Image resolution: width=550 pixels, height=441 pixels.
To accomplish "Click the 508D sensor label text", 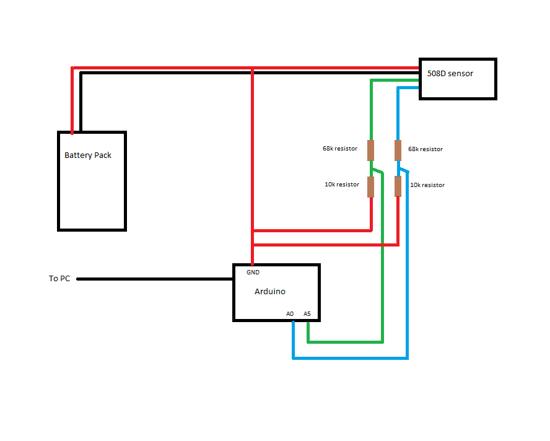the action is [x=450, y=73].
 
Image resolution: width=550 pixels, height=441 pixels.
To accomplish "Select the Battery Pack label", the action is [x=88, y=155].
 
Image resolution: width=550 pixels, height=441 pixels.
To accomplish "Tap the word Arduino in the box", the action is [x=270, y=292].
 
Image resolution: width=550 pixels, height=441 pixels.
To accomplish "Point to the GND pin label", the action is [x=253, y=273].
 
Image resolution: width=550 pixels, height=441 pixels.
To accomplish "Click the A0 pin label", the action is [x=290, y=313].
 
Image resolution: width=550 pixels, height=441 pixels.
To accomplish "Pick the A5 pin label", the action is [x=307, y=313].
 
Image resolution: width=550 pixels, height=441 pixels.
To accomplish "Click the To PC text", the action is [x=59, y=279].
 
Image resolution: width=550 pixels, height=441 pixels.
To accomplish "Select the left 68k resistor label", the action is [x=340, y=149].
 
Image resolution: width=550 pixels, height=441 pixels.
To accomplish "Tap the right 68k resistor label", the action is [x=426, y=149].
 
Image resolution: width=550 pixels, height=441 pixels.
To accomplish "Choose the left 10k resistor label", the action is [x=342, y=185].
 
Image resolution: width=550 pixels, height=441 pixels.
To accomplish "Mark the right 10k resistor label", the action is [x=427, y=185].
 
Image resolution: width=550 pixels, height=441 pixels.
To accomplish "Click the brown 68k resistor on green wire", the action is [x=371, y=150].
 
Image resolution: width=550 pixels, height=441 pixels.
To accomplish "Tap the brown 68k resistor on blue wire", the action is [x=398, y=151].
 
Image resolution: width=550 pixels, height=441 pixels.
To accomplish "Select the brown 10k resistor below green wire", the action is [x=371, y=186].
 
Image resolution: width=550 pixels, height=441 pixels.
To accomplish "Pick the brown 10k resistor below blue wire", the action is [x=398, y=186].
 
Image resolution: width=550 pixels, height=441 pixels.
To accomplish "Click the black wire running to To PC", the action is [x=155, y=279].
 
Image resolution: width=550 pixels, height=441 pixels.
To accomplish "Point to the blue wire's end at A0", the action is [x=293, y=322].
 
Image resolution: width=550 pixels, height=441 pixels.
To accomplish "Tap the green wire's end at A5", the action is [x=308, y=323].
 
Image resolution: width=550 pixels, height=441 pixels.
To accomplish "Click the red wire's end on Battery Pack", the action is [x=72, y=133].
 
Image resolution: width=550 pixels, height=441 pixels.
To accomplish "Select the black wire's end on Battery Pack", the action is [x=81, y=131].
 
